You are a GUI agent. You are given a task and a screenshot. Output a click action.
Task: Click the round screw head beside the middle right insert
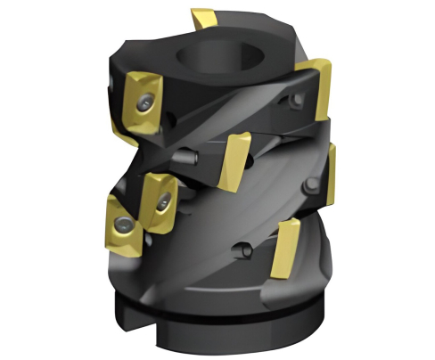coord(308,188)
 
